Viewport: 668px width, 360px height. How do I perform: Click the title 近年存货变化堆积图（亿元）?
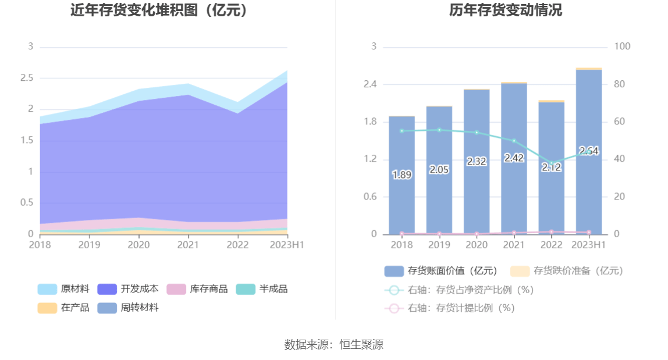[158, 10]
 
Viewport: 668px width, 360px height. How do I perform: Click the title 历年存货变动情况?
[506, 10]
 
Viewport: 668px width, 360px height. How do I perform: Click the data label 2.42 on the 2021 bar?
[514, 158]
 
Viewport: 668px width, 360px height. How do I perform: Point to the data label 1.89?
[402, 174]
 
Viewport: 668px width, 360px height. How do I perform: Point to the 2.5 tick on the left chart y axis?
[27, 78]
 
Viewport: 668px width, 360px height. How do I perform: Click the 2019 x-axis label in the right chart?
[439, 245]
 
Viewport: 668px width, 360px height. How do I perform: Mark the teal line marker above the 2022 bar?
[552, 163]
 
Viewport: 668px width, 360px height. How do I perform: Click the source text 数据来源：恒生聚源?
[334, 344]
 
